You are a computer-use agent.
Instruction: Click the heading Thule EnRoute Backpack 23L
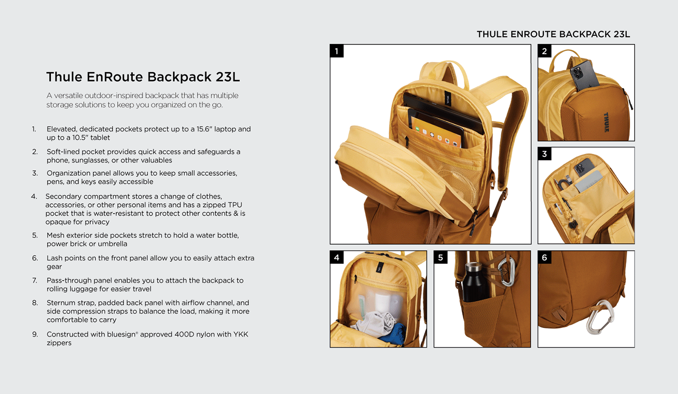tap(143, 77)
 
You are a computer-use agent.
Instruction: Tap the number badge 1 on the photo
tap(337, 51)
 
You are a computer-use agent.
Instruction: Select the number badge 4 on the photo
tap(337, 258)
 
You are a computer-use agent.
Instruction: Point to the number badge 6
tap(544, 258)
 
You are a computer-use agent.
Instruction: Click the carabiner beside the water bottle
tap(506, 271)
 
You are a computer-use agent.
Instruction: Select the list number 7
tap(35, 280)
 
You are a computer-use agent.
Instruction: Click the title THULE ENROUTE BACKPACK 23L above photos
tap(553, 34)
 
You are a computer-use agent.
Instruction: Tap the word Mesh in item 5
tap(56, 235)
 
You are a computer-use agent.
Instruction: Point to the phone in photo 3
tap(584, 167)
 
